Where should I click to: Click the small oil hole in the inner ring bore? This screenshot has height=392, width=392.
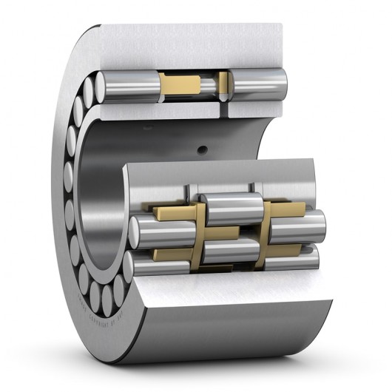pyautogui.click(x=201, y=150)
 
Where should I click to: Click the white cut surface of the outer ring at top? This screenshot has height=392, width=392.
pyautogui.click(x=192, y=44)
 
